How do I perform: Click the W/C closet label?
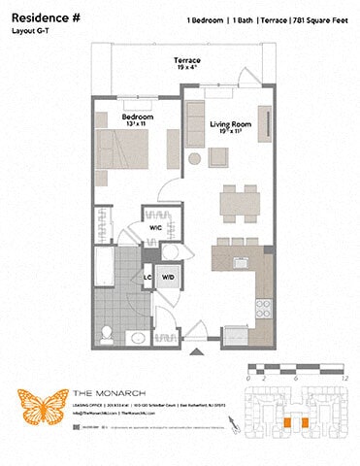[156, 228]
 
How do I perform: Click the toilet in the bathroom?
[112, 336]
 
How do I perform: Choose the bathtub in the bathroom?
[106, 262]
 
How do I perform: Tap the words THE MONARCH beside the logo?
[102, 393]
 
